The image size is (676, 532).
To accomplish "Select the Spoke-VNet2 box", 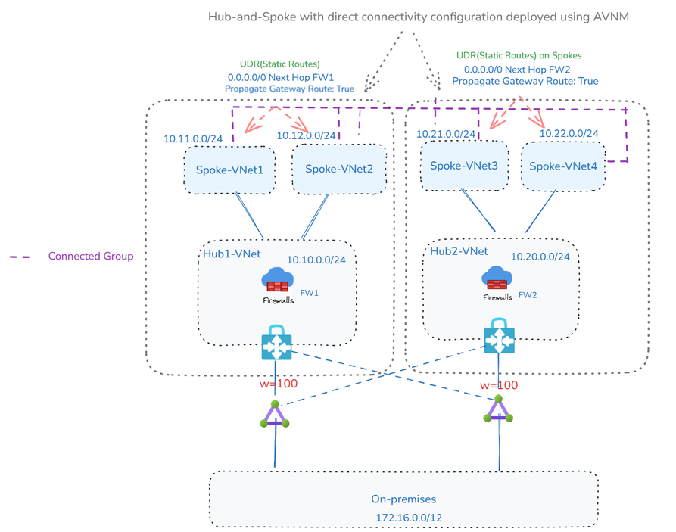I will [x=338, y=170].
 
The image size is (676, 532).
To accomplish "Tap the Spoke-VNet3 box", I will [x=463, y=166].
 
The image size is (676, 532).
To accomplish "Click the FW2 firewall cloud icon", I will [x=497, y=278].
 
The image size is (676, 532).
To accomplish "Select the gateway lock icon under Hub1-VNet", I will [x=276, y=343].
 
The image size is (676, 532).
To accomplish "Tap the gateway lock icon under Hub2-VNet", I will [x=500, y=336].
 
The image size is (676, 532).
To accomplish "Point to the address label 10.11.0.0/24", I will [x=192, y=139].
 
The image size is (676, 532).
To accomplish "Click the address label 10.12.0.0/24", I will [x=305, y=135].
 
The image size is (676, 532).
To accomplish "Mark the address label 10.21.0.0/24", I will [x=446, y=134].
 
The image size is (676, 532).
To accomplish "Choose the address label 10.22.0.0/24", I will [x=569, y=134].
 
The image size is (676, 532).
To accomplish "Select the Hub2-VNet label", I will [x=459, y=251].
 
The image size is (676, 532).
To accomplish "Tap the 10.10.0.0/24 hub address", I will [x=316, y=260].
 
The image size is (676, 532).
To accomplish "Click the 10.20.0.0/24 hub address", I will [x=540, y=257].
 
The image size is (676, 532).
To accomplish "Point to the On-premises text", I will [x=403, y=499].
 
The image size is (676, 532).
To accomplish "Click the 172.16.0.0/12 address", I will [x=409, y=518].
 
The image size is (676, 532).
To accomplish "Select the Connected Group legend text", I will [x=91, y=257].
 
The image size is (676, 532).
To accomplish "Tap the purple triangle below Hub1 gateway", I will [x=274, y=415].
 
